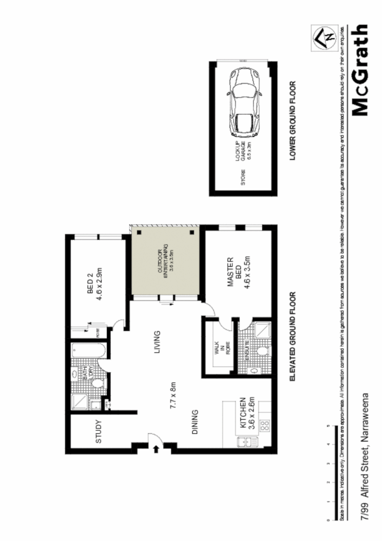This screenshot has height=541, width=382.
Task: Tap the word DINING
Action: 195,423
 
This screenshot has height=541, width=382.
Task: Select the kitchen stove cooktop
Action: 265,424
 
